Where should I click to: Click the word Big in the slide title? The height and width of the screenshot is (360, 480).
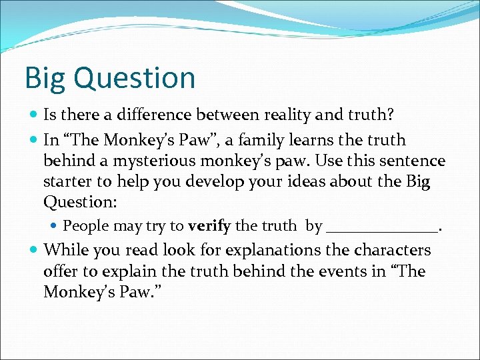tap(45, 79)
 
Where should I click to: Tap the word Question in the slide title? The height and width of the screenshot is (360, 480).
tap(135, 79)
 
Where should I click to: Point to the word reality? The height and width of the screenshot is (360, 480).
tap(268, 116)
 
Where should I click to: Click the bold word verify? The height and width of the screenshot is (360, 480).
tap(209, 226)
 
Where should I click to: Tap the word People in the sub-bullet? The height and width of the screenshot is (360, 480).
tap(85, 226)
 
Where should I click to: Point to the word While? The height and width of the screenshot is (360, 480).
tap(63, 251)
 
